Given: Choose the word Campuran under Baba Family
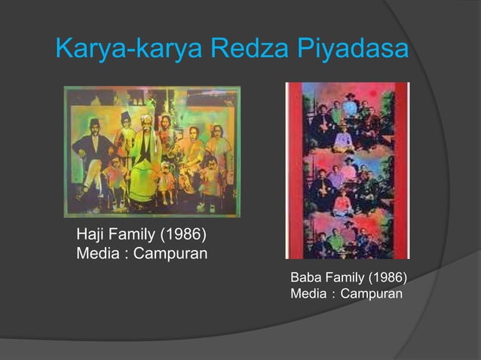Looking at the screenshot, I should point(371,293).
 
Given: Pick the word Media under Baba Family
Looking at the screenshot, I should point(307,293).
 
